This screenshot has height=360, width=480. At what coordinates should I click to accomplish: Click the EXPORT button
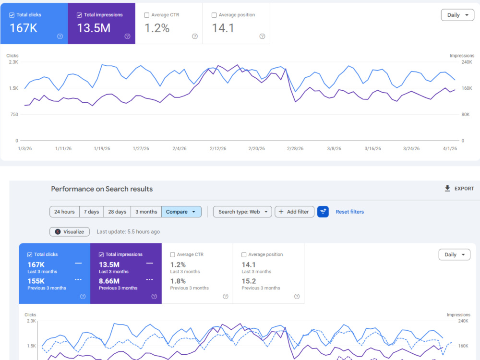pyautogui.click(x=459, y=189)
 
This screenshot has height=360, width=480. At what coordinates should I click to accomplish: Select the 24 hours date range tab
pyautogui.click(x=64, y=212)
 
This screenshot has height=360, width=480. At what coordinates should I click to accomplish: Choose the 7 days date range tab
pyautogui.click(x=92, y=212)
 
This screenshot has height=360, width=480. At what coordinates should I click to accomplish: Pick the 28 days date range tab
pyautogui.click(x=117, y=212)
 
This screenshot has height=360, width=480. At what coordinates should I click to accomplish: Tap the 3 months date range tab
pyautogui.click(x=146, y=212)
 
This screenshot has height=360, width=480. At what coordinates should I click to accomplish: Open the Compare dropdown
pyautogui.click(x=181, y=212)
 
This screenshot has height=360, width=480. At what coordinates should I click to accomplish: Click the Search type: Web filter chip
pyautogui.click(x=242, y=212)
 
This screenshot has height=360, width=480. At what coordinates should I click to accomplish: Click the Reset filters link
pyautogui.click(x=349, y=212)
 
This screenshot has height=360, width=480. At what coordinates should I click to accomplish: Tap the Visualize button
pyautogui.click(x=70, y=232)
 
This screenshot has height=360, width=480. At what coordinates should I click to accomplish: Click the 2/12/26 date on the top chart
pyautogui.click(x=218, y=148)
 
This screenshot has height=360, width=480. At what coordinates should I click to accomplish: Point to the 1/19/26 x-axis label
pyautogui.click(x=102, y=148)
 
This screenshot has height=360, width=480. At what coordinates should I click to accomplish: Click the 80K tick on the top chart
pyautogui.click(x=465, y=115)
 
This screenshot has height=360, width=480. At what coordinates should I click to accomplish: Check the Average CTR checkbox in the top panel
pyautogui.click(x=146, y=15)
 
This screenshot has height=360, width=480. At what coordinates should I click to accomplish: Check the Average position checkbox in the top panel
pyautogui.click(x=214, y=15)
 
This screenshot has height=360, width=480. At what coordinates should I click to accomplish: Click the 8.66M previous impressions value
pyautogui.click(x=109, y=281)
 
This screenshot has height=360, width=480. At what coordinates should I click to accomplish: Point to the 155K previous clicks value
pyautogui.click(x=36, y=281)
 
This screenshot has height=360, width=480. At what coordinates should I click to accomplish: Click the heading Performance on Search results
pyautogui.click(x=102, y=189)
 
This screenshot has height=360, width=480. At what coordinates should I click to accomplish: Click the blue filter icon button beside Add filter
pyautogui.click(x=323, y=212)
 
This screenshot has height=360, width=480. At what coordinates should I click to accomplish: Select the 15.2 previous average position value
pyautogui.click(x=249, y=281)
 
